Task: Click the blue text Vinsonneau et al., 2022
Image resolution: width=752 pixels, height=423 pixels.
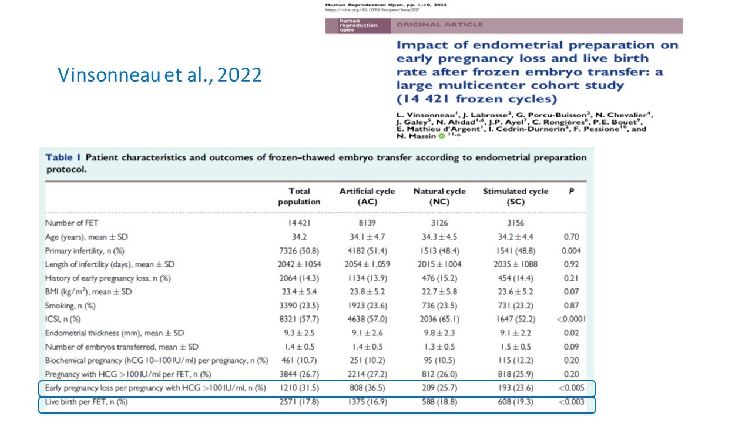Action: [x=160, y=75]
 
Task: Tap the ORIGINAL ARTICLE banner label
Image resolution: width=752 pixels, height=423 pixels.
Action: [x=439, y=25]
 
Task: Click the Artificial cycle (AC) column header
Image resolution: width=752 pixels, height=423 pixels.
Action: [x=367, y=196]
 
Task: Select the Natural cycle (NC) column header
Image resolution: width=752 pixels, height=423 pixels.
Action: [x=439, y=196]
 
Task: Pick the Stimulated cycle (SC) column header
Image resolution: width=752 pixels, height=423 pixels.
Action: [x=515, y=196]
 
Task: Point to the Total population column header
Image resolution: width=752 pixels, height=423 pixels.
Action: [x=300, y=196]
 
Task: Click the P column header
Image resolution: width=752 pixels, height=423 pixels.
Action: [x=572, y=192]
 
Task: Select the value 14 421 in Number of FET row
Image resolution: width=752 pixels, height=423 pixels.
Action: [x=300, y=223]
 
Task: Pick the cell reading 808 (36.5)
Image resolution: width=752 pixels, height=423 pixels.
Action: [x=367, y=388]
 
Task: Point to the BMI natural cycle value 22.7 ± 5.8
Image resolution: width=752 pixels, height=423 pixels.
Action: [x=439, y=291]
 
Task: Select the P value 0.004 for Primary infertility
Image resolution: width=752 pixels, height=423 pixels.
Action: [x=572, y=250]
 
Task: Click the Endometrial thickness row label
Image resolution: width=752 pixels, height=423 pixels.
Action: [x=115, y=333]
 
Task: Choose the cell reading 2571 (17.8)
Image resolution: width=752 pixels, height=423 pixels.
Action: [x=300, y=402]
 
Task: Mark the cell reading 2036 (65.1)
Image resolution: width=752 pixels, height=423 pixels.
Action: [x=439, y=319]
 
